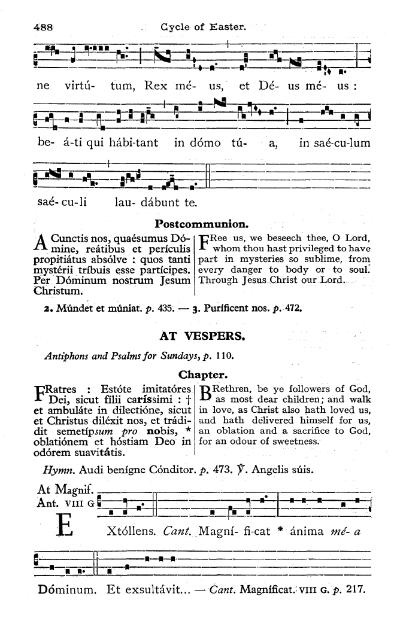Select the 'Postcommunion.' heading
[194, 224]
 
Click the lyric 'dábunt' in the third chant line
[161, 202]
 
